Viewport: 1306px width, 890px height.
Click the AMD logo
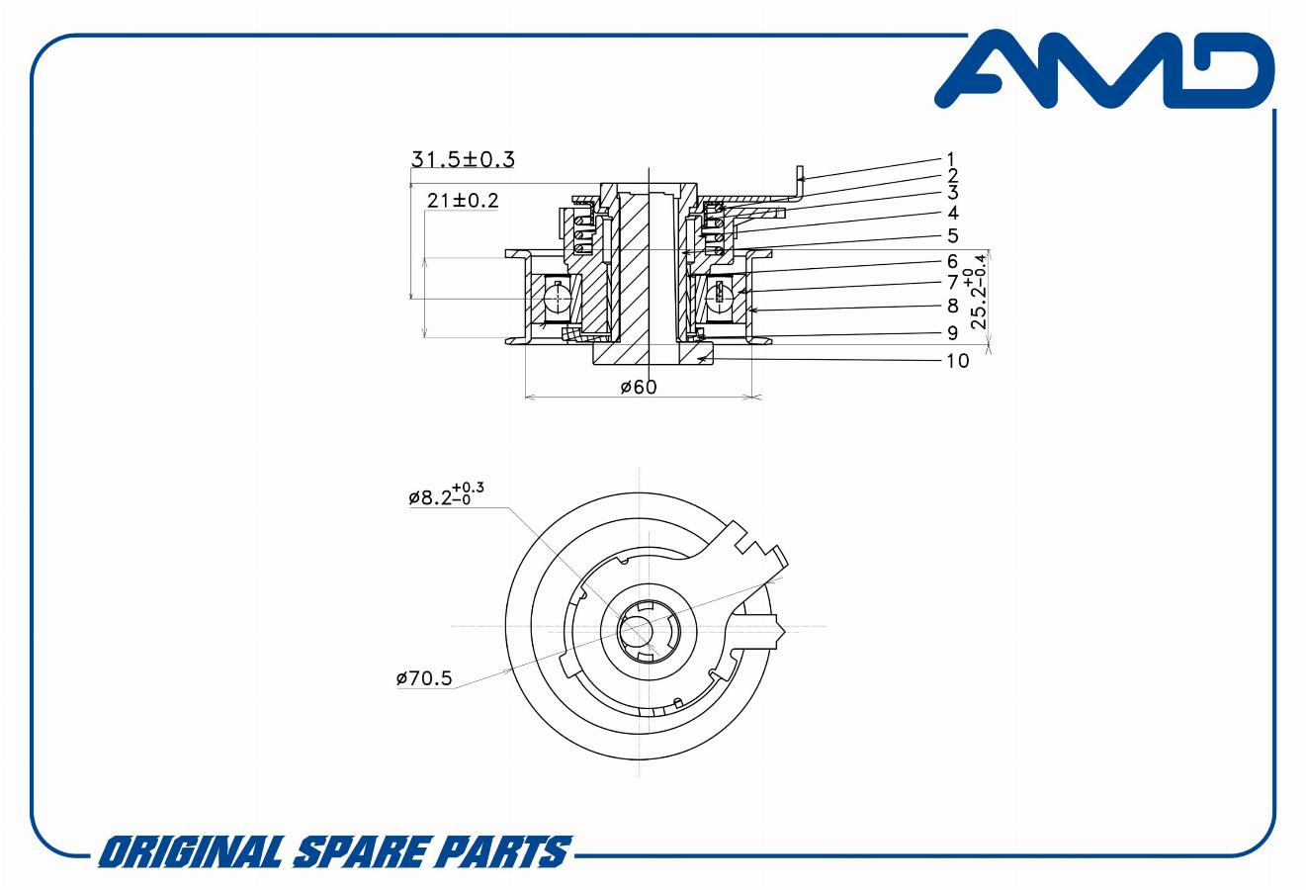(x=1103, y=71)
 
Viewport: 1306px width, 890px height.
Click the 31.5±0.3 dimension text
(x=464, y=158)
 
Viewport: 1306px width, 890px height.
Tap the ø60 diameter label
(x=639, y=387)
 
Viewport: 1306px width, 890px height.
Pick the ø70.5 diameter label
(x=423, y=678)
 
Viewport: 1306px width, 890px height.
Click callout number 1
(x=950, y=158)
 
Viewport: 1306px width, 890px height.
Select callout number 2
(x=952, y=176)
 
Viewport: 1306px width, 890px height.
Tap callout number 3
(x=952, y=193)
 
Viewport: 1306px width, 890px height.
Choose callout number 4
(x=952, y=213)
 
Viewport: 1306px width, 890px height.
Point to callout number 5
(x=952, y=235)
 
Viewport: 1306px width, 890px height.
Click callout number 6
(x=952, y=261)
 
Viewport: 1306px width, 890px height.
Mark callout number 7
(x=952, y=283)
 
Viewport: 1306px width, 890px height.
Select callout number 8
(x=952, y=307)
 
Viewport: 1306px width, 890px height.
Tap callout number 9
(x=952, y=333)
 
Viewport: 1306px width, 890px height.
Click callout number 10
(x=957, y=361)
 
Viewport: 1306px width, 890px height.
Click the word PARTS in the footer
(x=500, y=851)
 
